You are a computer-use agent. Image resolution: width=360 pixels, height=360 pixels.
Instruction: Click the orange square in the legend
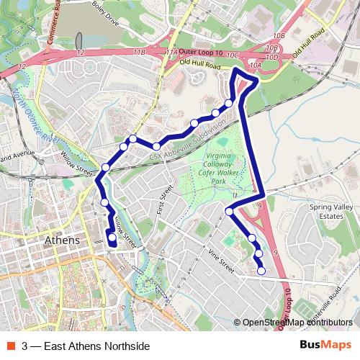(x=11, y=346)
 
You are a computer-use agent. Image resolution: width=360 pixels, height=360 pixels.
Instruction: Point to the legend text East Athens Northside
(x=86, y=346)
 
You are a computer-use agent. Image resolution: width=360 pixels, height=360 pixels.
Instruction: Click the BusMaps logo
(x=326, y=345)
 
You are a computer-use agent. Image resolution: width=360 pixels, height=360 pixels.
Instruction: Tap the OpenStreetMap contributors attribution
(x=297, y=322)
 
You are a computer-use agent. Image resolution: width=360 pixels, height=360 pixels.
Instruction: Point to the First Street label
(x=166, y=202)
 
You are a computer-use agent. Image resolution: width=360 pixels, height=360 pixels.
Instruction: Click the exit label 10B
(x=279, y=35)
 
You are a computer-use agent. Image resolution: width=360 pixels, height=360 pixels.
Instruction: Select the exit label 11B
(x=140, y=53)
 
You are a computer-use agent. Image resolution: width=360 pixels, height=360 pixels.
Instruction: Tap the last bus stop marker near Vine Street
(x=261, y=271)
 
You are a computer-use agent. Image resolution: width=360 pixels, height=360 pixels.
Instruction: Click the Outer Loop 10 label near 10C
(x=200, y=52)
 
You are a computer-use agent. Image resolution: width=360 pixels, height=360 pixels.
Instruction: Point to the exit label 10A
(x=255, y=66)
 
